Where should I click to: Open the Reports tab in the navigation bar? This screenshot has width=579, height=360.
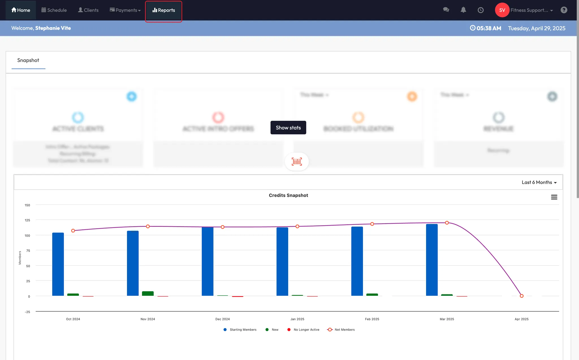pos(164,10)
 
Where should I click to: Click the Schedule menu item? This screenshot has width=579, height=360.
pos(54,10)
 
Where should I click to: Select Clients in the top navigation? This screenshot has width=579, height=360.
pos(88,10)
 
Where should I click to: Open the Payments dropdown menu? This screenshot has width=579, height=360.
pos(125,10)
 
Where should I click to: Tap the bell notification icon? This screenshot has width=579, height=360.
pos(463,10)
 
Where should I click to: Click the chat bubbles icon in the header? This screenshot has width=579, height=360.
pos(446,10)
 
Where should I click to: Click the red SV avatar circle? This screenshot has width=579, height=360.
pos(502,10)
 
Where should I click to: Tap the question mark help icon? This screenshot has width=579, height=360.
pos(564,10)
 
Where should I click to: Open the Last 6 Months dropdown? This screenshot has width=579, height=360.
pos(539,182)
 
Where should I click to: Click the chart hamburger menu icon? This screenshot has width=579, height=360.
pos(554,197)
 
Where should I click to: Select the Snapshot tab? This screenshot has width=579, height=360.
pos(28,60)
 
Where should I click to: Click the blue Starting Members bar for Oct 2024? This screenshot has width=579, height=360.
pos(58,264)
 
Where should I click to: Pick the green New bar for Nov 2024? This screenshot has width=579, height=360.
pos(148,294)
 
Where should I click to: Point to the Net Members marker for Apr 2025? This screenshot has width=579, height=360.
pos(522,296)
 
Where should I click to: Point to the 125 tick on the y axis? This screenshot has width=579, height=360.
pos(27,220)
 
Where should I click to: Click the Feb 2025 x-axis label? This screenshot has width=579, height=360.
pos(372,319)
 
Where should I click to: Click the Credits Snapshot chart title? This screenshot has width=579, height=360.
pos(288,195)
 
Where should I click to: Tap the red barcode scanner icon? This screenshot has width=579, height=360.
pos(297,162)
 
